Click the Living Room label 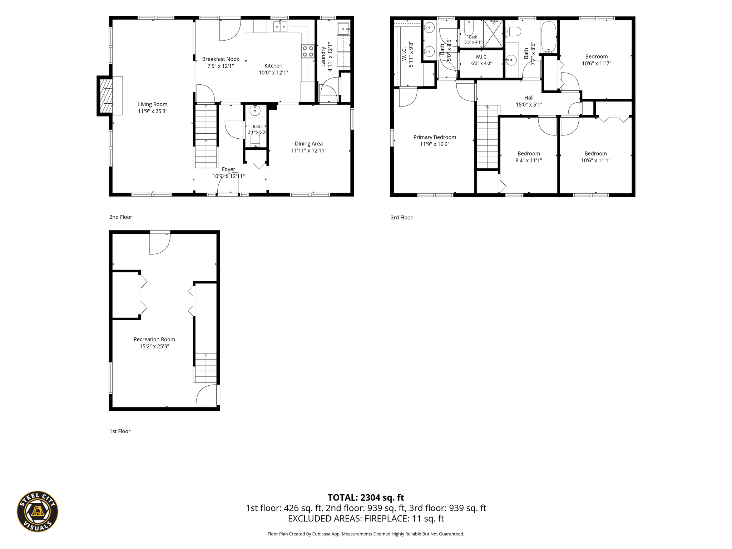(x=153, y=104)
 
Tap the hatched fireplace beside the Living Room (x=105, y=96)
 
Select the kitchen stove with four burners (x=308, y=51)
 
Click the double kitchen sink (x=280, y=26)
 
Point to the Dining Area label (x=309, y=144)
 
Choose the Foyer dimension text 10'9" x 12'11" (x=229, y=176)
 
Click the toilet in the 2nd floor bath (x=255, y=139)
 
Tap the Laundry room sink (x=343, y=29)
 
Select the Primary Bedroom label (x=435, y=137)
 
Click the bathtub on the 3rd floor (x=548, y=38)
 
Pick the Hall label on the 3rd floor (x=529, y=98)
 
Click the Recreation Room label (x=154, y=340)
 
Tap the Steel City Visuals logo (x=38, y=511)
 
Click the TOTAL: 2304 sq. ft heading (x=366, y=498)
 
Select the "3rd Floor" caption (x=401, y=218)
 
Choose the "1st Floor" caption (x=120, y=431)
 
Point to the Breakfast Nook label (x=221, y=59)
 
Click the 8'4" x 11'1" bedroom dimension (x=529, y=160)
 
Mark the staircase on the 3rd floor (x=488, y=137)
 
